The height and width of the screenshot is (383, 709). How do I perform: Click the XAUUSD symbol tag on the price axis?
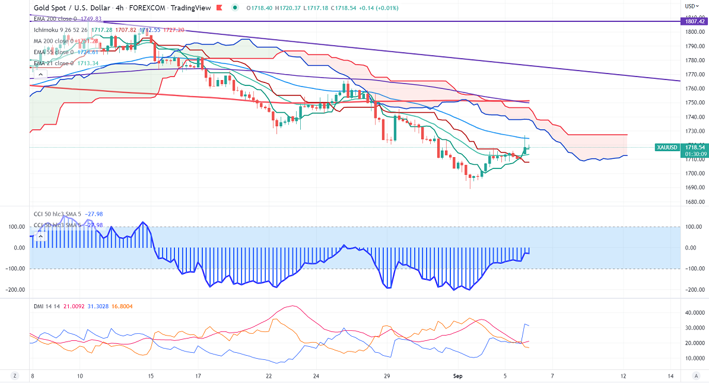pos(667,147)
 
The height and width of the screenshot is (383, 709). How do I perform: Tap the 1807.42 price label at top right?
pos(695,21)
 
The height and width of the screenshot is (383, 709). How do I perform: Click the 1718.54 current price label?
pos(695,147)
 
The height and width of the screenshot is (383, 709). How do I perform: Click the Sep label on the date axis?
pos(458,376)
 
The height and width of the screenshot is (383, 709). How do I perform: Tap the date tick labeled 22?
pos(269,376)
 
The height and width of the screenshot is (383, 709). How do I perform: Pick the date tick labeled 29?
pos(386,376)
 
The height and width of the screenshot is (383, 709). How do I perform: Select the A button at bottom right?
pos(696,376)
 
